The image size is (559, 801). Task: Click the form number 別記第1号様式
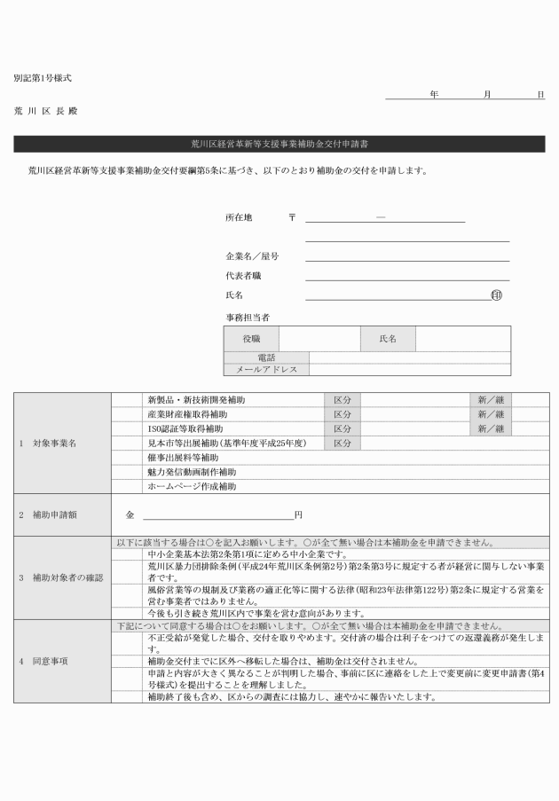[x=43, y=78]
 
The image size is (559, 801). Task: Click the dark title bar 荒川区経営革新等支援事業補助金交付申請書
[x=279, y=143]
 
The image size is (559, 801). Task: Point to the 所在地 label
[x=239, y=216]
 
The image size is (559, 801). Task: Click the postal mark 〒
[x=291, y=216]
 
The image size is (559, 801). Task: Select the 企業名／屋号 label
[x=252, y=256]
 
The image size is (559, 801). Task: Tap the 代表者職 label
[x=243, y=276]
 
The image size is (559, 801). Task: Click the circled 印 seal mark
[x=496, y=295]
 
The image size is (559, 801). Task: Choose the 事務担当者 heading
[x=248, y=317]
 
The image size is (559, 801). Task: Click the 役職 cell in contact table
[x=251, y=339]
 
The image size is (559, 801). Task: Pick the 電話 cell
[x=265, y=357]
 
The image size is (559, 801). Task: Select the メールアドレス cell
[x=265, y=369]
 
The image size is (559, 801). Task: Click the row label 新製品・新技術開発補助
[x=196, y=400]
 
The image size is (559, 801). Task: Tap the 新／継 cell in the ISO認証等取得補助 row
[x=491, y=428]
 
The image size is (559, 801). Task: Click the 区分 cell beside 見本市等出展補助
[x=342, y=443]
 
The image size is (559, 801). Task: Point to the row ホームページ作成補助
[x=192, y=486]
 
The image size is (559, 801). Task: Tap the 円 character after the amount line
[x=299, y=514]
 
